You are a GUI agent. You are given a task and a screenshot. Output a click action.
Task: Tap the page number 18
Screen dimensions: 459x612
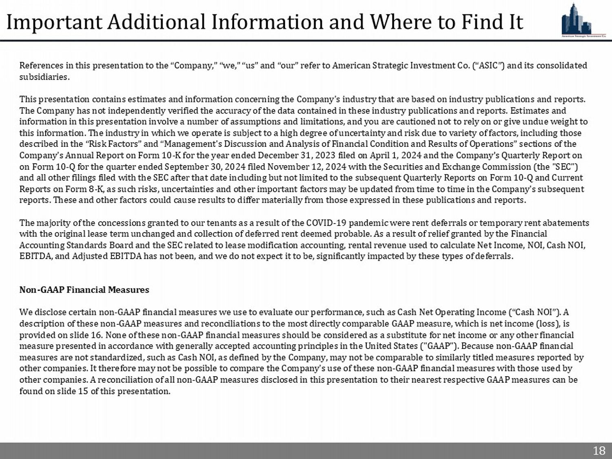(599, 450)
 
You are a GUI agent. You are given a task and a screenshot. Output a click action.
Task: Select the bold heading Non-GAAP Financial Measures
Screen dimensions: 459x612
(84, 290)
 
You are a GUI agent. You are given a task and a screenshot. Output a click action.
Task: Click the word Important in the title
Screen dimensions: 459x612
(54, 22)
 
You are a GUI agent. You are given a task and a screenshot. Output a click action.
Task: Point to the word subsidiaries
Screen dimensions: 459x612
(44, 77)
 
